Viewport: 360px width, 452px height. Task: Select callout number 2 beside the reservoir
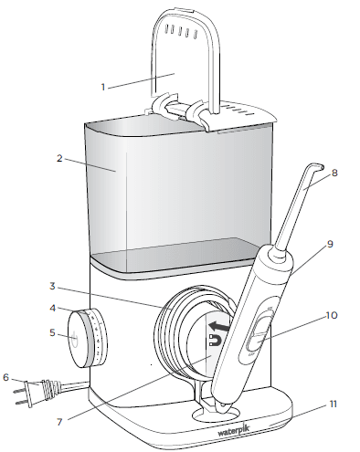tap(58, 158)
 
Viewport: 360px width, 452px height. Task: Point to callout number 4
tap(54, 309)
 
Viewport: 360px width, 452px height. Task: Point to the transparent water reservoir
tap(174, 196)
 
